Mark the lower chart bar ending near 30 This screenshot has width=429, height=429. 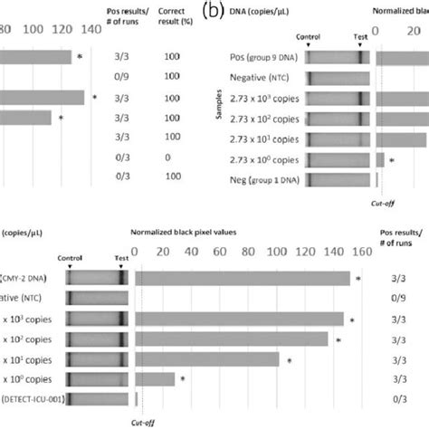[155, 379]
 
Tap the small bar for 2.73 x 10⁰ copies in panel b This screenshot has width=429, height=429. [380, 159]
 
